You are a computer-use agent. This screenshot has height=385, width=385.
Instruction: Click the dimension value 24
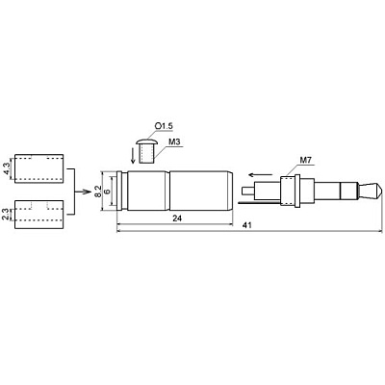[177, 218]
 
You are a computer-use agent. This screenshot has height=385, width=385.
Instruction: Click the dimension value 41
[246, 225]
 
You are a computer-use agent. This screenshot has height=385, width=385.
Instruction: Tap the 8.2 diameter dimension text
[99, 191]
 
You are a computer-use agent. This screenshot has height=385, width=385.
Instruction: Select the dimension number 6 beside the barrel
[108, 192]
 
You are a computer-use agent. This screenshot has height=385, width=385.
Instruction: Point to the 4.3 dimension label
[7, 168]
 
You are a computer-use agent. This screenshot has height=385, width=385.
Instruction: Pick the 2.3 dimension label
[6, 215]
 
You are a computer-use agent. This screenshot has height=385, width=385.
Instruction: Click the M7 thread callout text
[305, 160]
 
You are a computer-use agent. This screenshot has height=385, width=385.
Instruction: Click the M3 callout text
[173, 141]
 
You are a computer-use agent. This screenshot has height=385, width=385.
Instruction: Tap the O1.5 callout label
[164, 126]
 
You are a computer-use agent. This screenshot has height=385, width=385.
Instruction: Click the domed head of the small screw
[146, 141]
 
